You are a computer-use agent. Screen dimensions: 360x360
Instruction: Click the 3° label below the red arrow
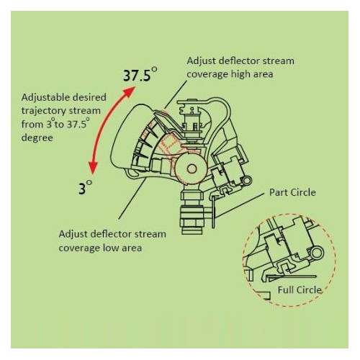[86, 189]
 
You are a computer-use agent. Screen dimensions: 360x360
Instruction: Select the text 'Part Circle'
[292, 192]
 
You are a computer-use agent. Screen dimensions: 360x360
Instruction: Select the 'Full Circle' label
[300, 290]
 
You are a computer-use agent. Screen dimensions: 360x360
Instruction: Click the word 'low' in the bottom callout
[107, 248]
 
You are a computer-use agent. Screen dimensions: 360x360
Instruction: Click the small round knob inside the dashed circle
[314, 254]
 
